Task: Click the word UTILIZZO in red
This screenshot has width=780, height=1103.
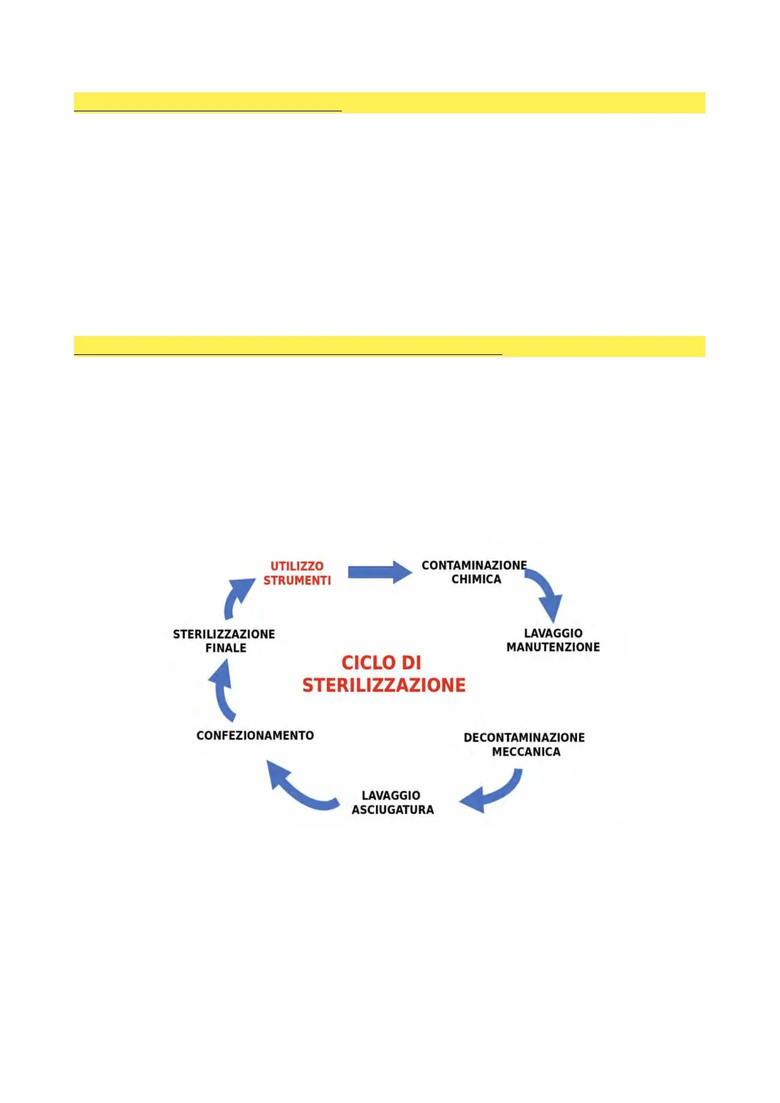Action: [x=297, y=566]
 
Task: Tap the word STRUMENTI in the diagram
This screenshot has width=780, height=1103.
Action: [x=297, y=580]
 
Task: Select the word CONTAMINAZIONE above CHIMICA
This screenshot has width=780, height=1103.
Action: [x=474, y=565]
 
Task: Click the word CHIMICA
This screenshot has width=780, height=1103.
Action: [x=476, y=580]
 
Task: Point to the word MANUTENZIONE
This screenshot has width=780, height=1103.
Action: [x=553, y=647]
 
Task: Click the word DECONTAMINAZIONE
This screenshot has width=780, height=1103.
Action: [x=524, y=738]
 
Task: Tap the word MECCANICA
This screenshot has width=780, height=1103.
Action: [x=526, y=752]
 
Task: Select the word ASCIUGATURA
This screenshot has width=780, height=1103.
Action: [x=392, y=810]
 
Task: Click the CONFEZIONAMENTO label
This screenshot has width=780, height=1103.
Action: [x=255, y=736]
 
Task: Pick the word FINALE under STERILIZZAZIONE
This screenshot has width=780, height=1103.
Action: [x=226, y=648]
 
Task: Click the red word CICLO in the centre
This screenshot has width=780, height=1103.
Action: [x=381, y=663]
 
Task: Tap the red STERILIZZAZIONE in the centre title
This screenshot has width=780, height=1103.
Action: [x=384, y=685]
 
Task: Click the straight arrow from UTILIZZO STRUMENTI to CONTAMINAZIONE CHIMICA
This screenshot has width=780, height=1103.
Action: [x=379, y=572]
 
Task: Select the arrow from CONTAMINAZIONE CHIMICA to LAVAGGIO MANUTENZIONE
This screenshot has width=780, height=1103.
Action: [x=547, y=593]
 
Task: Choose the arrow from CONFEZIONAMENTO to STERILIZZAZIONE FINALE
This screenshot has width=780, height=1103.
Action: [x=223, y=691]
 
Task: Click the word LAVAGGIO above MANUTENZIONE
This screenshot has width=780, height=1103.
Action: [x=553, y=633]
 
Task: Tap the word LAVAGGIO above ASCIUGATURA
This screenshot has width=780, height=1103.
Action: [x=391, y=795]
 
